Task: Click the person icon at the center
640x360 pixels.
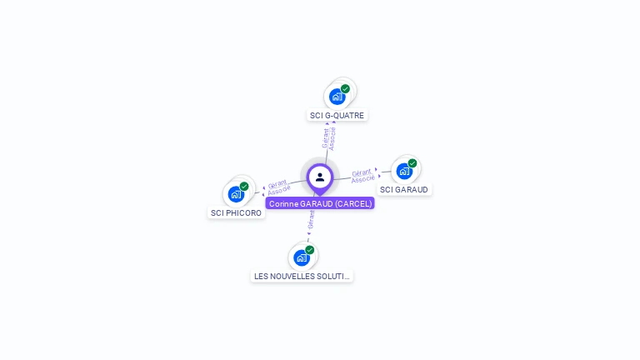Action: pos(320,177)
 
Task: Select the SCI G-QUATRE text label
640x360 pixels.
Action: pos(337,116)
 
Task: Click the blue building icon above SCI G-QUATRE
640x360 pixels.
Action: pos(337,97)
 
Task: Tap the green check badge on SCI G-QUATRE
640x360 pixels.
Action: pos(345,89)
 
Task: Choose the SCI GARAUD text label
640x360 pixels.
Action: pos(403,190)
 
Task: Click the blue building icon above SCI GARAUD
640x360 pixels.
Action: pos(404,172)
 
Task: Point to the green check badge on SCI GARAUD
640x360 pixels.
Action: pos(412,163)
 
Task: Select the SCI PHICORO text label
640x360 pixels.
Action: pos(236,213)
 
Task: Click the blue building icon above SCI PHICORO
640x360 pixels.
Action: pos(236,194)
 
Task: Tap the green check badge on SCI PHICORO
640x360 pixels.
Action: pos(244,187)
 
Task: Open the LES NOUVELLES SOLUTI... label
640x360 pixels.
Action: pos(302,276)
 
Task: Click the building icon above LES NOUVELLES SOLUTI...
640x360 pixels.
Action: pos(301,257)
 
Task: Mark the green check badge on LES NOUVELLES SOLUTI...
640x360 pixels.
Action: pos(310,250)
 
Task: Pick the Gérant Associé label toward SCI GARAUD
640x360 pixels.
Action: pos(362,176)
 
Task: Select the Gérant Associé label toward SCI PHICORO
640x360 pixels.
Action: pos(278,187)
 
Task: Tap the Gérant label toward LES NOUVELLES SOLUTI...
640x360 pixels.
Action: pos(311,219)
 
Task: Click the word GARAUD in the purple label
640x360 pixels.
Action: pos(317,203)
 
